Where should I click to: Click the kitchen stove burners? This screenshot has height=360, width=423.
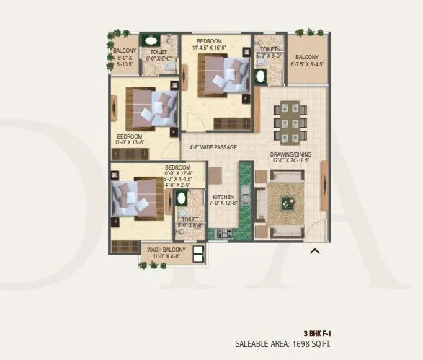[x=222, y=233]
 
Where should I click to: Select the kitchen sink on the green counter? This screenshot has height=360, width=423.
[x=245, y=196]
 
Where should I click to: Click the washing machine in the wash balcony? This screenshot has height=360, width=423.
[x=198, y=253]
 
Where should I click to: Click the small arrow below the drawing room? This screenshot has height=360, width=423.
[x=313, y=251]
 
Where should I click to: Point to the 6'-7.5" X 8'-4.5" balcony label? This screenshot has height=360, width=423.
[x=306, y=60]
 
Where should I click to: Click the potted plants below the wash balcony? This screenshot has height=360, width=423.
[x=152, y=265]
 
